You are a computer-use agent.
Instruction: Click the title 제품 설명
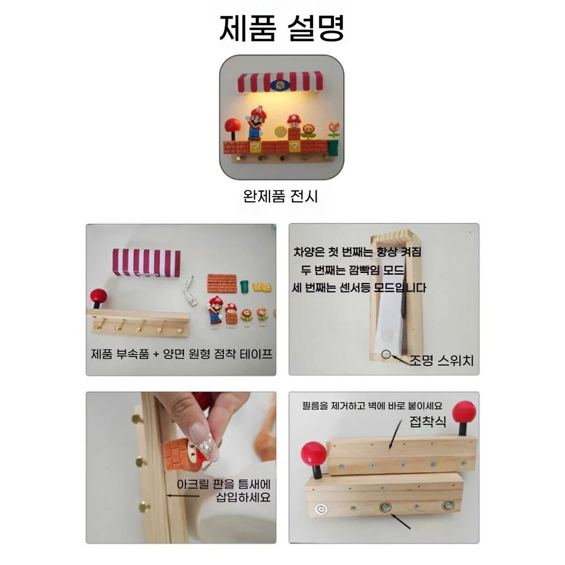[x=282, y=28]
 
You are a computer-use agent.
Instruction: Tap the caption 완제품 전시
[x=280, y=197]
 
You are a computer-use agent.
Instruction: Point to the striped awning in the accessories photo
[x=146, y=263]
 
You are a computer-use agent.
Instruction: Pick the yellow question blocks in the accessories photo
[x=262, y=287]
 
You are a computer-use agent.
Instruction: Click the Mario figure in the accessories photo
[x=215, y=310]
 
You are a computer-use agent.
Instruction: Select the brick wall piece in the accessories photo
[x=222, y=283]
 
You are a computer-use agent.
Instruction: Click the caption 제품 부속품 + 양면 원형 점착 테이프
[x=181, y=354]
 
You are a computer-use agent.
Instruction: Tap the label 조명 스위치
[x=441, y=360]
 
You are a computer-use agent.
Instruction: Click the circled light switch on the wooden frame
[x=386, y=355]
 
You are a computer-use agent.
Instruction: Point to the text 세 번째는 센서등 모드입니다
[x=359, y=288]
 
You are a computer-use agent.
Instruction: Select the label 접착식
[x=428, y=421]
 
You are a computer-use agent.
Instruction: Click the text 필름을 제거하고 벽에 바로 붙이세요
[x=372, y=406]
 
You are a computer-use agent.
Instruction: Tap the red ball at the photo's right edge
[x=464, y=413]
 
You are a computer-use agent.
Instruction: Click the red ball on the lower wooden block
[x=314, y=454]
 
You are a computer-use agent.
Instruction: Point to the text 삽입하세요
[x=243, y=497]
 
